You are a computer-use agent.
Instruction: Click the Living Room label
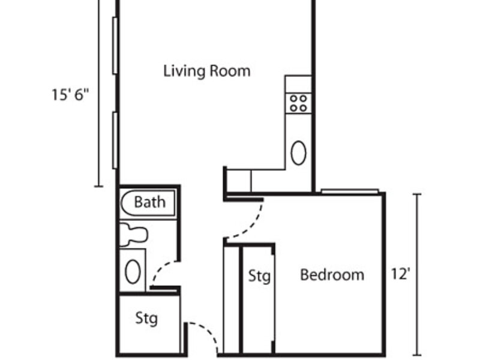207,71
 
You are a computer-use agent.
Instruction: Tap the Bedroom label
332,275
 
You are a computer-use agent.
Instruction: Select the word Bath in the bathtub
150,202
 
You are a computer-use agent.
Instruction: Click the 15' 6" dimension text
70,95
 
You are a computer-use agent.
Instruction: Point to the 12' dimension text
400,274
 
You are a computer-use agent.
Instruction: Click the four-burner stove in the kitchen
298,103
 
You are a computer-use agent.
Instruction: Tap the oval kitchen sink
298,153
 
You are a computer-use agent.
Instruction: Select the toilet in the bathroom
133,235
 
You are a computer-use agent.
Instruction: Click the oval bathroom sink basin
133,272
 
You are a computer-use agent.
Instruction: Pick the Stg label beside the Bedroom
259,276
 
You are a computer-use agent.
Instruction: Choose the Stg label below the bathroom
146,319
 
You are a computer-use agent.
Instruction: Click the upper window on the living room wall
115,46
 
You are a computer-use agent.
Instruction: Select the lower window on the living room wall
115,140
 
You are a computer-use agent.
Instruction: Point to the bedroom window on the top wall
350,191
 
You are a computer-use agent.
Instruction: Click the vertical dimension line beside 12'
417,275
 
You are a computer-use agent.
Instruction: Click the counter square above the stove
298,84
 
